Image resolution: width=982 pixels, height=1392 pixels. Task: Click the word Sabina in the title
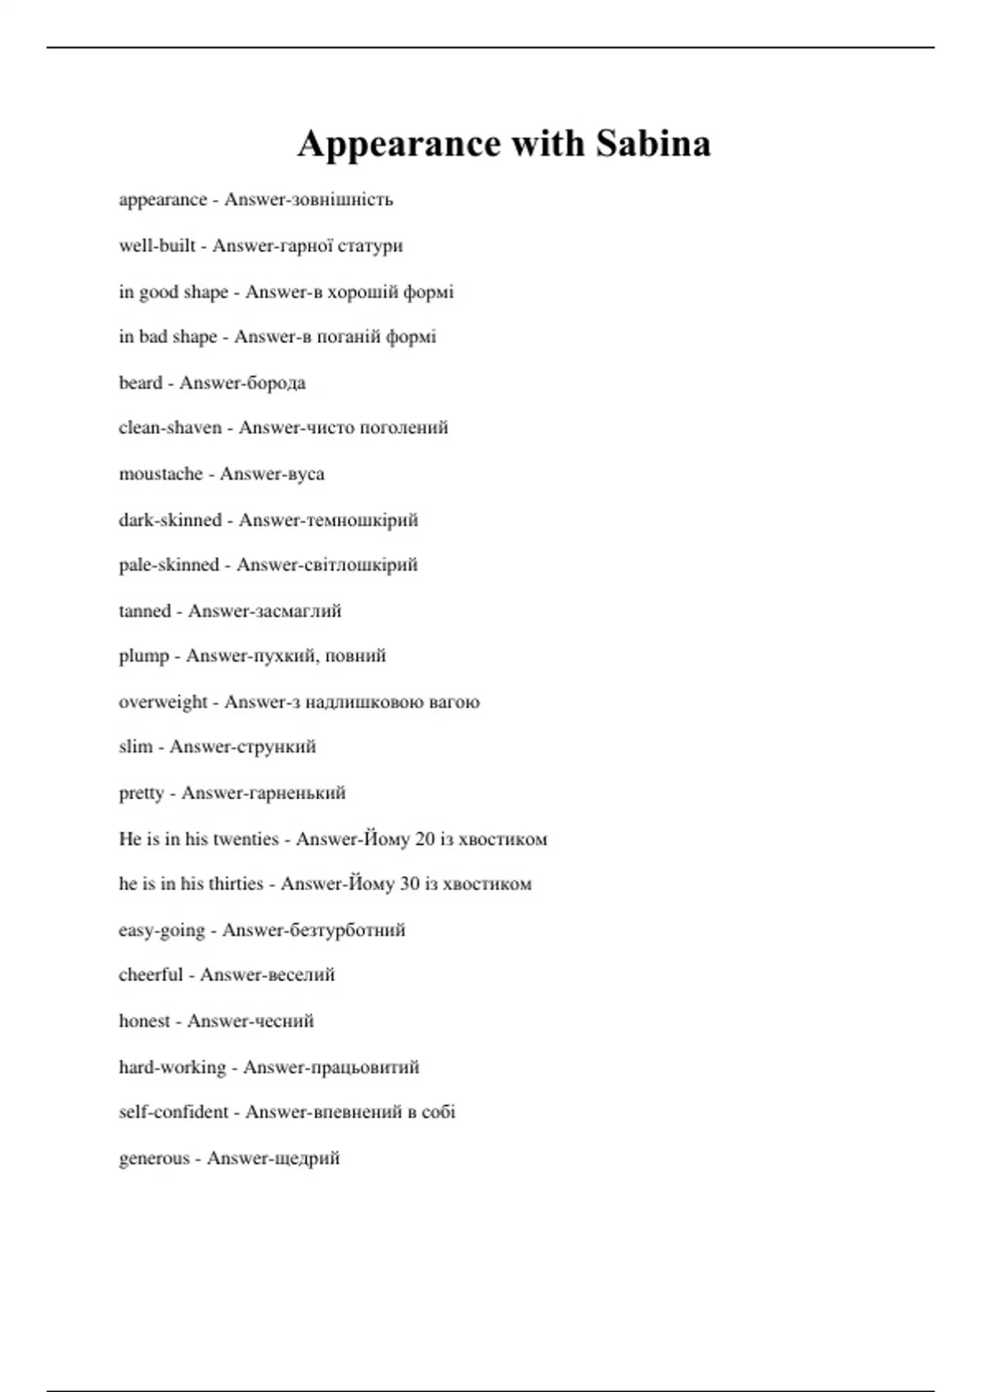coord(652,144)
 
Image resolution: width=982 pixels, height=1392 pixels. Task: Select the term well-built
coord(157,246)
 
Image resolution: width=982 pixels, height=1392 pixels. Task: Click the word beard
coord(140,382)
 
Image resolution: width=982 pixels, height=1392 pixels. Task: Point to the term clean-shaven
coord(170,427)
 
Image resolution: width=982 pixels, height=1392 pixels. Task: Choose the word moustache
coord(160,473)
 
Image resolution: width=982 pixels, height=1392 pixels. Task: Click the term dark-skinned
coord(170,519)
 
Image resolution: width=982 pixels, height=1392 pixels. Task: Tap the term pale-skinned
coord(169,564)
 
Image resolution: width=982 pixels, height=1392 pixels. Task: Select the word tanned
coord(145,611)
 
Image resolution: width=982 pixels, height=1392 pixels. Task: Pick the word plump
coord(144,656)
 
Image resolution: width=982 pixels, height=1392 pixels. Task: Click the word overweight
coord(164,702)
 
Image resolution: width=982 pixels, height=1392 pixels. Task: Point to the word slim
coord(136,747)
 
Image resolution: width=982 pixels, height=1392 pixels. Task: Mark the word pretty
coord(142,793)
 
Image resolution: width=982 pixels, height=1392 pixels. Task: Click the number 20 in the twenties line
coord(425,838)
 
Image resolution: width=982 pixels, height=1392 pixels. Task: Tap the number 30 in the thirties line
coord(409,884)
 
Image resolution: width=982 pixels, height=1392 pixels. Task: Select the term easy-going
coord(162,930)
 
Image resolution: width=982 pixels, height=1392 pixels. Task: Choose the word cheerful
coord(151,975)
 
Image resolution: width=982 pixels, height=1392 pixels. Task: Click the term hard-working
coord(172,1067)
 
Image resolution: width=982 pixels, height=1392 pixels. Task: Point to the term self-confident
coord(173,1112)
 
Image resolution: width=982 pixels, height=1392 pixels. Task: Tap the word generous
coord(154,1159)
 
